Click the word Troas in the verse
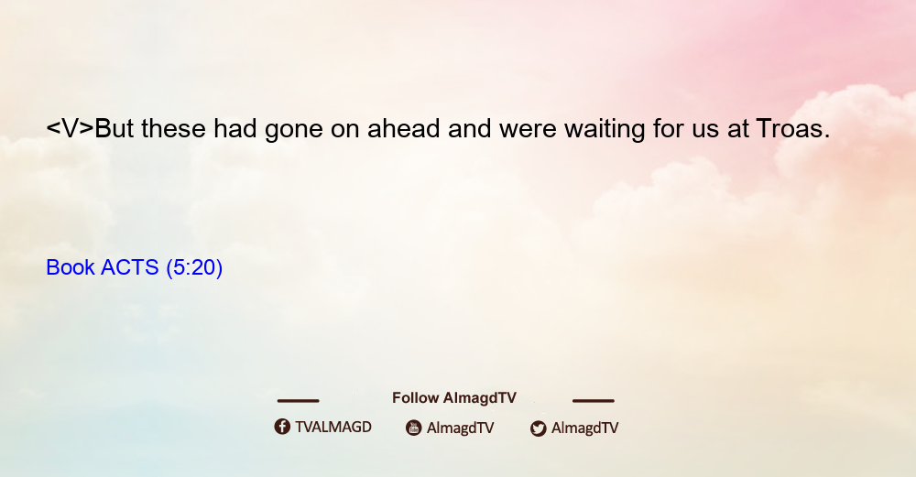pos(792,128)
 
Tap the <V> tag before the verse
pos(71,128)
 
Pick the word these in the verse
pos(173,128)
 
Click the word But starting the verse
pos(114,128)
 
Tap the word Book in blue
pos(71,267)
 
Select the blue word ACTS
pos(130,267)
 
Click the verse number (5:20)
pos(194,268)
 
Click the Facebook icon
pos(282,427)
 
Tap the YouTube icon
pos(414,428)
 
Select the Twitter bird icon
pos(539,428)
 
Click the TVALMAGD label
pos(333,428)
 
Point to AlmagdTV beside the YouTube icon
pos(461,428)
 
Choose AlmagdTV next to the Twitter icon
pos(584,428)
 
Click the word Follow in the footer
pos(415,398)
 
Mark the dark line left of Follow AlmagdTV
pos(298,401)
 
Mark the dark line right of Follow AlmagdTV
pos(594,401)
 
